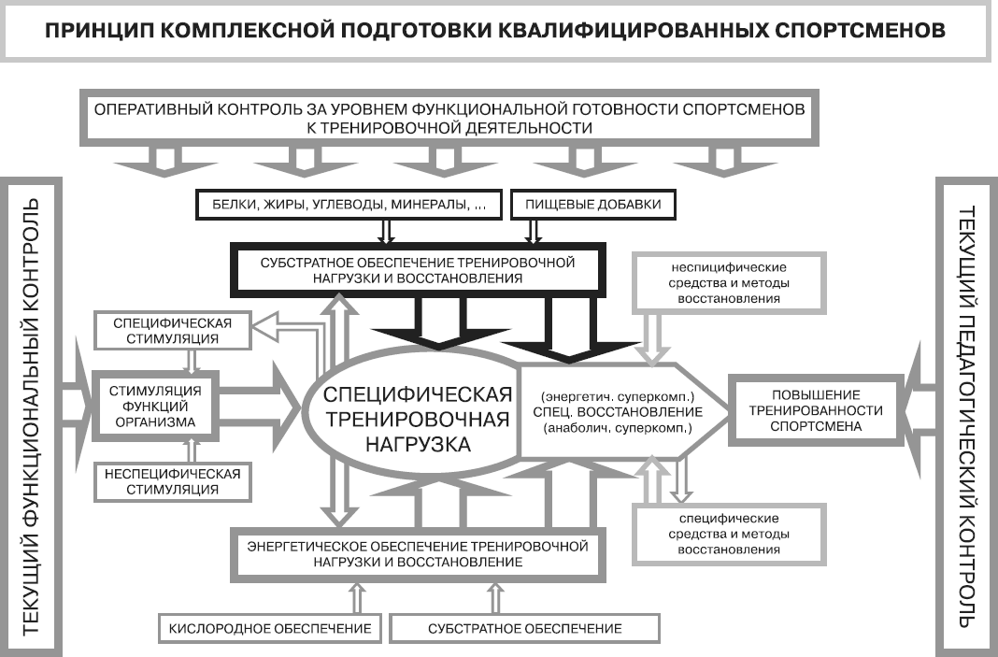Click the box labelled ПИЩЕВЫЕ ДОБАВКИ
(592, 204)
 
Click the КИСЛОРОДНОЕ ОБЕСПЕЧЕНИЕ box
(271, 627)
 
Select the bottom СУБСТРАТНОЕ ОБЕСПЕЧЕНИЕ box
(525, 627)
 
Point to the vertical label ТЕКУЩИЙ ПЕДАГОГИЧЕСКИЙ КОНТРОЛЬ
(966, 417)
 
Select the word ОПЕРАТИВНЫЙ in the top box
(153, 109)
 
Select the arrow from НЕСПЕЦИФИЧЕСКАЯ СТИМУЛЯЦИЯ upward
(192, 452)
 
